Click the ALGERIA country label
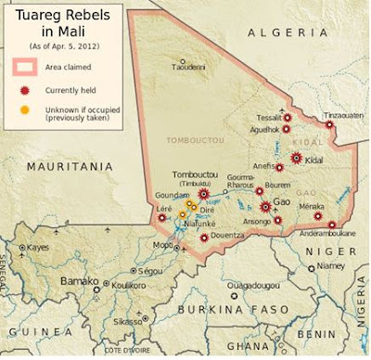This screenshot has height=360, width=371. tap(277, 32)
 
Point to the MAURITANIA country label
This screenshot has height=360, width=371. tap(63, 166)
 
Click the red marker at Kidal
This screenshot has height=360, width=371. tap(297, 159)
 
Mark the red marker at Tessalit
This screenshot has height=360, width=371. tap(287, 118)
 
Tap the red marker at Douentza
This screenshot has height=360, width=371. tap(203, 238)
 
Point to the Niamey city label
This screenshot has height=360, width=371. tap(330, 265)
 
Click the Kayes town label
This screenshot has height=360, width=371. tap(38, 248)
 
